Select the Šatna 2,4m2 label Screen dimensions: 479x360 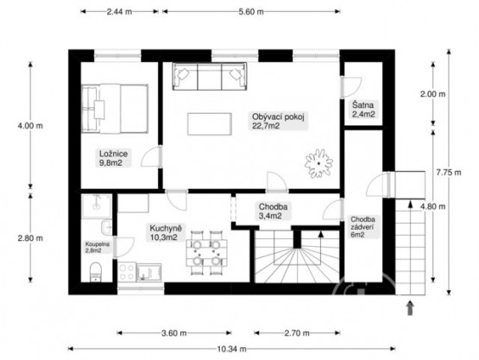pos(363,110)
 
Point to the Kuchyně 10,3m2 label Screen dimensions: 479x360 pos(166,232)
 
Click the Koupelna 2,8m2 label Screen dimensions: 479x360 pos(98,247)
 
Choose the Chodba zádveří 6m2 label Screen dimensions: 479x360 pos(362,227)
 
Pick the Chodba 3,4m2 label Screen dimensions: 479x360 pos(273,212)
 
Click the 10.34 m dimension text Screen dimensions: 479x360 pos(232,349)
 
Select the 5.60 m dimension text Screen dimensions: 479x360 pos(251,12)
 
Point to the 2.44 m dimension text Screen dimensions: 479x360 pos(119,12)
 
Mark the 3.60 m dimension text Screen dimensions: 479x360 pos(173,333)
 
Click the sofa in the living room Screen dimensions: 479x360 pos(210,76)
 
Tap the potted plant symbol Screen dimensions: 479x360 pos(318,163)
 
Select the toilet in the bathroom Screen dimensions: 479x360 pos(95,272)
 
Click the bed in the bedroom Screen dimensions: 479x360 pos(115,109)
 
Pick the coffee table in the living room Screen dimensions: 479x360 pos(210,124)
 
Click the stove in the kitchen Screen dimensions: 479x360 pos(127,272)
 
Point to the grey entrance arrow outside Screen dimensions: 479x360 pos(410,308)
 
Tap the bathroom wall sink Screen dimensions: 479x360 pos(107,227)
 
